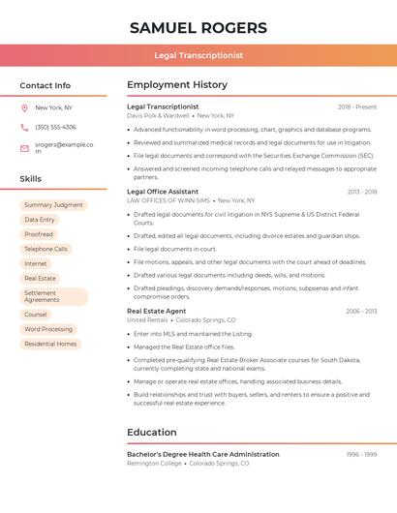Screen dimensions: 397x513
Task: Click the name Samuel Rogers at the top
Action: coord(198,27)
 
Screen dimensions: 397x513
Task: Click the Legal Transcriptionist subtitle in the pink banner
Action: coord(198,56)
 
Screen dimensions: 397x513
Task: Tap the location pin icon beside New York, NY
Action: coord(24,107)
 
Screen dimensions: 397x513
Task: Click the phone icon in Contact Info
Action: coord(24,127)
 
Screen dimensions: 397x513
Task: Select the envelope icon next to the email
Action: coord(24,148)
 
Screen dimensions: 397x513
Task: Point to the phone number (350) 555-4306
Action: coord(55,127)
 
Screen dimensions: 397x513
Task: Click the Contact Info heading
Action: coord(46,85)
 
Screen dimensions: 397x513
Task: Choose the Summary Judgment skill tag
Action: coord(53,205)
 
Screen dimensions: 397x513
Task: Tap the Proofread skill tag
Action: coord(39,234)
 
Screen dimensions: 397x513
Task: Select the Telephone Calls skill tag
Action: coord(46,249)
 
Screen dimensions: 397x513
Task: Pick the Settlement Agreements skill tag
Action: coord(53,296)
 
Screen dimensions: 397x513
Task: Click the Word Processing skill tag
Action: coord(48,329)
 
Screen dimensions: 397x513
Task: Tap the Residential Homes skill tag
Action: coord(50,344)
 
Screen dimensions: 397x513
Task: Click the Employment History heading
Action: coord(177,85)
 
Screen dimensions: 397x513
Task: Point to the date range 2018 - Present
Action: coord(357,106)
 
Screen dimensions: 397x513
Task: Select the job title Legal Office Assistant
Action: coord(163,192)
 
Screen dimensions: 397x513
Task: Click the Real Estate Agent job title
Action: coord(156,311)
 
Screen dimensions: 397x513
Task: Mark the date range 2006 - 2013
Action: coord(361,311)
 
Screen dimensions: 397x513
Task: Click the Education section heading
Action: coord(151,433)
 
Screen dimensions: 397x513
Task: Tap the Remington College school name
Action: coord(154,464)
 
